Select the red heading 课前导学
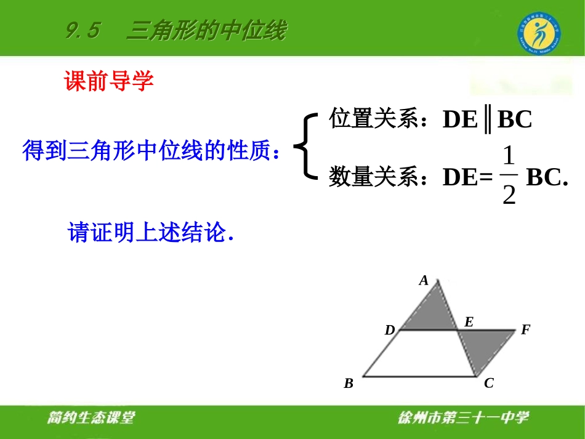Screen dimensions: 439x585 (109, 81)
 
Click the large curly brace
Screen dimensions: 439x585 (306, 146)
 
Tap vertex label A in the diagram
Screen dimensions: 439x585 (424, 281)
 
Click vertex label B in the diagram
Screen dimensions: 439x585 (349, 384)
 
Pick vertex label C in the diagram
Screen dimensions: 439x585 (488, 384)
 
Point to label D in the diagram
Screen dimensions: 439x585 (389, 331)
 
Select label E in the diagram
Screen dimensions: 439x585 (469, 321)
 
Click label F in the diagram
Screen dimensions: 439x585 (525, 330)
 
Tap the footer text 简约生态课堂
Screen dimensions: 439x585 (91, 418)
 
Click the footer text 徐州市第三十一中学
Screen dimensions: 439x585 (463, 418)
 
